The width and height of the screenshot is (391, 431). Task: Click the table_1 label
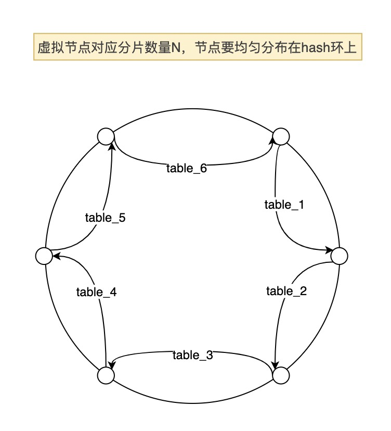click(284, 205)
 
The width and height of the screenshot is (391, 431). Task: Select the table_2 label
click(286, 291)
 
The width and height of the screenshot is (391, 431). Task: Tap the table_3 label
click(193, 356)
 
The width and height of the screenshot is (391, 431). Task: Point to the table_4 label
click(96, 292)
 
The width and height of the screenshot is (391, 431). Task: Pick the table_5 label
click(105, 218)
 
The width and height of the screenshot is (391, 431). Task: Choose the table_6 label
click(187, 168)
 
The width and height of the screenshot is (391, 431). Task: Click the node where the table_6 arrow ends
click(281, 136)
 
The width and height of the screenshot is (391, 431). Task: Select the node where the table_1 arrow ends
click(339, 256)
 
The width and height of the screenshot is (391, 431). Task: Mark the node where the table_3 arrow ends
click(106, 375)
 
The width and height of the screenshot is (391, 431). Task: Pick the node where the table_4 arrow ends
click(44, 256)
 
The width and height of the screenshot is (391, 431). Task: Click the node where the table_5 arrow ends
click(106, 136)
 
